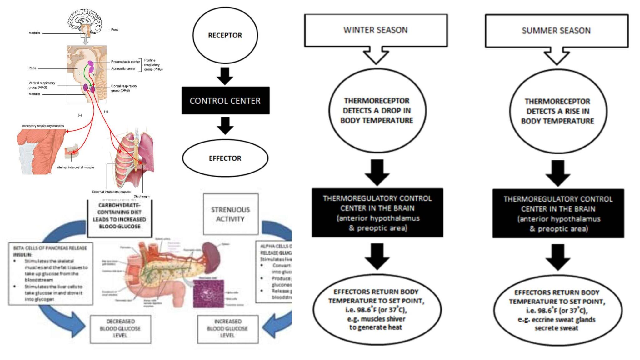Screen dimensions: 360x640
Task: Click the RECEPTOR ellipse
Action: [x=225, y=35]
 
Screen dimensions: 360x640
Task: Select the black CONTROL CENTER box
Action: [x=225, y=101]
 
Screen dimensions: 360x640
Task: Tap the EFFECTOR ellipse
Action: [x=225, y=158]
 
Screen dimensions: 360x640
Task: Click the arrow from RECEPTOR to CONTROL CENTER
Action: [x=225, y=76]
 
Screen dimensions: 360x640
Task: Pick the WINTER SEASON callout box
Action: [x=376, y=30]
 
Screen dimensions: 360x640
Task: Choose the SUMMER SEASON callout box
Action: [x=556, y=31]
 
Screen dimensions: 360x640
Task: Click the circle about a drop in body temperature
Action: [x=377, y=111]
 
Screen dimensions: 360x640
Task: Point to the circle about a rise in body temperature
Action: [x=557, y=111]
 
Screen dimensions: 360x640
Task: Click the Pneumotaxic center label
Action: [x=125, y=62]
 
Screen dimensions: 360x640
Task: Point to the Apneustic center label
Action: [x=123, y=68]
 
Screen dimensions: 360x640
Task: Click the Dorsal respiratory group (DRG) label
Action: [x=124, y=88]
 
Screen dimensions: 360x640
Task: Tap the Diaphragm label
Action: [x=142, y=197]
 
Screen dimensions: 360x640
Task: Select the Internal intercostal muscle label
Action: [x=75, y=167]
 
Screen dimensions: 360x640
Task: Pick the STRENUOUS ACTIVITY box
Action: [x=231, y=214]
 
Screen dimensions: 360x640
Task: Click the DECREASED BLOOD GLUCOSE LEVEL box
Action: [x=120, y=329]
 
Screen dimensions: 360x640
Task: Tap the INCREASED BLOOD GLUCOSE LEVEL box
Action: [x=227, y=329]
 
